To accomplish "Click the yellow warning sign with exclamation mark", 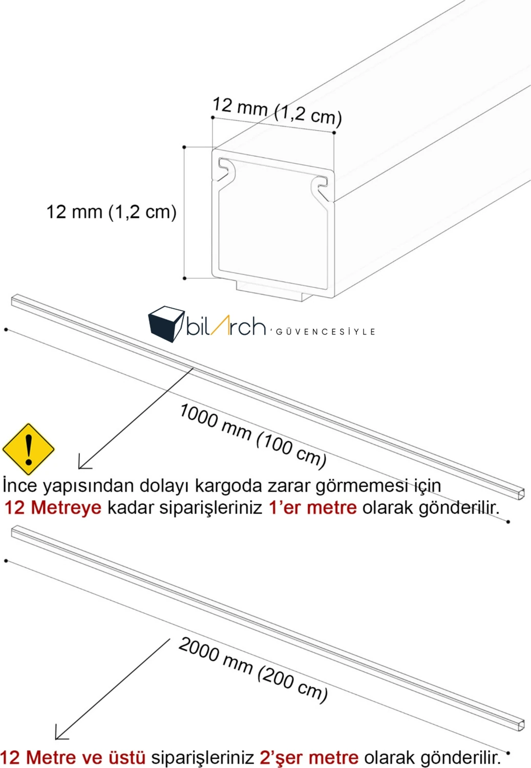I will pos(28,449).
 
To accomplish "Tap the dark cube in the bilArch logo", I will pos(166,324).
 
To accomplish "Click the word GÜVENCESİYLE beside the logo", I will pos(325,332).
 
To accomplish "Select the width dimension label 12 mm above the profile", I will pos(277,111).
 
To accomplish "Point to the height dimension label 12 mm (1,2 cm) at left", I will pos(111,211).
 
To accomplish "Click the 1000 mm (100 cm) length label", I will pos(253,436).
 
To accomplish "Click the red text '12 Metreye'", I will pos(53,507).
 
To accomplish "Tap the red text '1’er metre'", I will pos(312,507).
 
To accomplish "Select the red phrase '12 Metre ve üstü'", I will pos(73,757).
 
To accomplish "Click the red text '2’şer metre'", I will pos(309,757).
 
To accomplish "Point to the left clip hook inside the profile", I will pos(225,169).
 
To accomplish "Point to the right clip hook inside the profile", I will pos(320,185).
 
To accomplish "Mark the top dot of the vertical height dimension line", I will pos(184,147).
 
